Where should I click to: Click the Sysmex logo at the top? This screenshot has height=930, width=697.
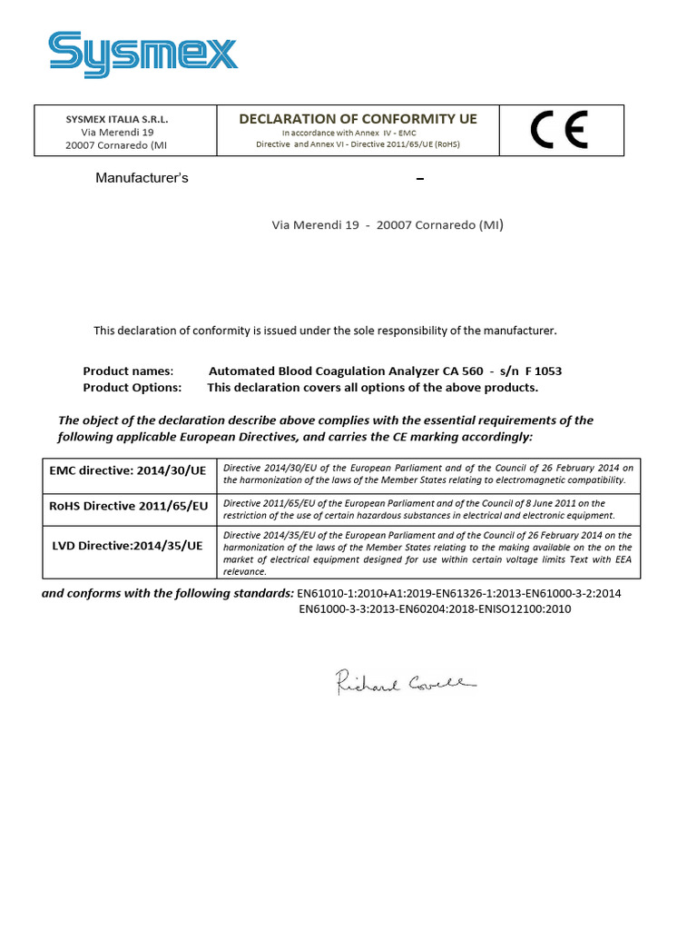pyautogui.click(x=142, y=54)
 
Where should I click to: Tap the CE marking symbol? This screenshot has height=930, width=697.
pyautogui.click(x=559, y=131)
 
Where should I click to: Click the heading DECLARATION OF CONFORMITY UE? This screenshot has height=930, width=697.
pyautogui.click(x=358, y=119)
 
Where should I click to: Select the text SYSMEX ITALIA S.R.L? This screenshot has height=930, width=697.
pyautogui.click(x=117, y=120)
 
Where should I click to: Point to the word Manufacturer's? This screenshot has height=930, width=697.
pyautogui.click(x=142, y=178)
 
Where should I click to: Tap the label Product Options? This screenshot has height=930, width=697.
pyautogui.click(x=133, y=387)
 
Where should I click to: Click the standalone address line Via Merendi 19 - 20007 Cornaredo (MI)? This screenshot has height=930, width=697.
pyautogui.click(x=388, y=225)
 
